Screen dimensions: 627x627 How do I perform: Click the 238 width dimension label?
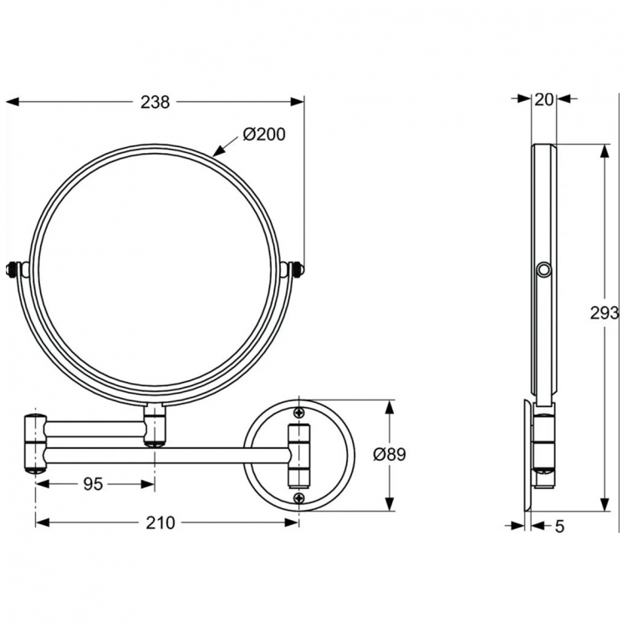[x=155, y=102]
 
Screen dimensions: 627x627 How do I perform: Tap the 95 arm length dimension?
[x=94, y=484]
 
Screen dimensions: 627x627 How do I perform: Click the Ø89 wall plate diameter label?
[x=390, y=455]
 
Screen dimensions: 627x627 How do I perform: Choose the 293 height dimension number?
[x=604, y=313]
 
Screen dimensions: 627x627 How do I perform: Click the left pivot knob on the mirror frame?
[x=15, y=269]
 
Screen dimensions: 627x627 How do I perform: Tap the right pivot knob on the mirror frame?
[x=295, y=269]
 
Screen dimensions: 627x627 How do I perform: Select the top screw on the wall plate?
[x=299, y=412]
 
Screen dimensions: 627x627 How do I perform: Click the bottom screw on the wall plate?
[x=299, y=498]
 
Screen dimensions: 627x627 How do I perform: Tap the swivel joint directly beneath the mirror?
[x=155, y=425]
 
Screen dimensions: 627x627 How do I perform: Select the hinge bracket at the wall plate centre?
[x=299, y=456]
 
